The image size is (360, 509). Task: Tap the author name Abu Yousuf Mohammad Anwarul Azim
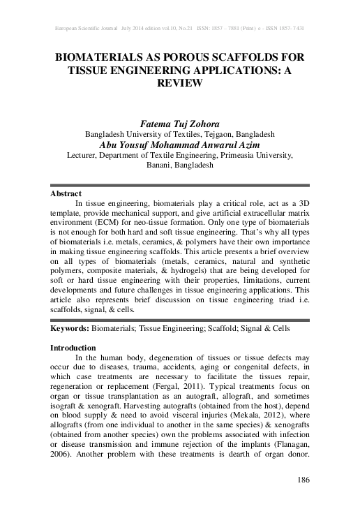coord(179,144)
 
